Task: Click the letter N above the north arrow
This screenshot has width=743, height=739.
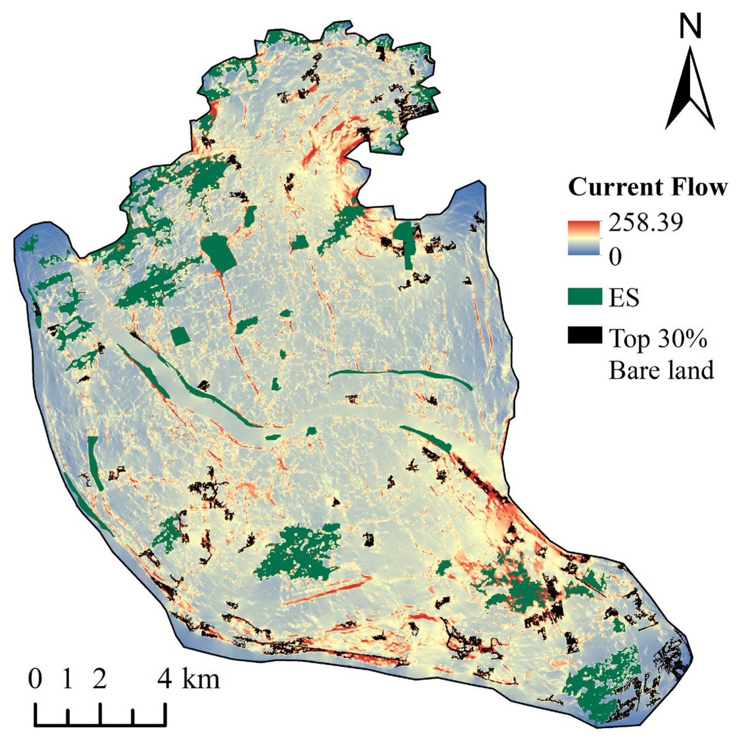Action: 690,27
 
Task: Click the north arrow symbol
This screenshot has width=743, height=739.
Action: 690,88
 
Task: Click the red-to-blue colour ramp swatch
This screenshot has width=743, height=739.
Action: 584,238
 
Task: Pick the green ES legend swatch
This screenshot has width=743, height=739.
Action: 585,297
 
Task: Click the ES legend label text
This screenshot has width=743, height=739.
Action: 624,297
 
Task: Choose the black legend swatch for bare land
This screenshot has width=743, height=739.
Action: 585,335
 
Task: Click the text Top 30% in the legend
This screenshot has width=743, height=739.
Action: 658,338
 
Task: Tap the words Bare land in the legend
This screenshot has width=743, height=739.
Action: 661,370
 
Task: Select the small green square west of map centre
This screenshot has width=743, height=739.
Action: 180,336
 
